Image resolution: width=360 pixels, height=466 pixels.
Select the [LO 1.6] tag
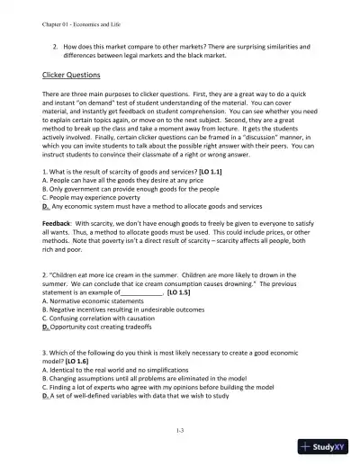coord(77,354)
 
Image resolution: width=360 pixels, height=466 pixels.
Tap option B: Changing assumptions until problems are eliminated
coord(145,369)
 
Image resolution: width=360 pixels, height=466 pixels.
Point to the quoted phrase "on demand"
coord(85,114)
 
